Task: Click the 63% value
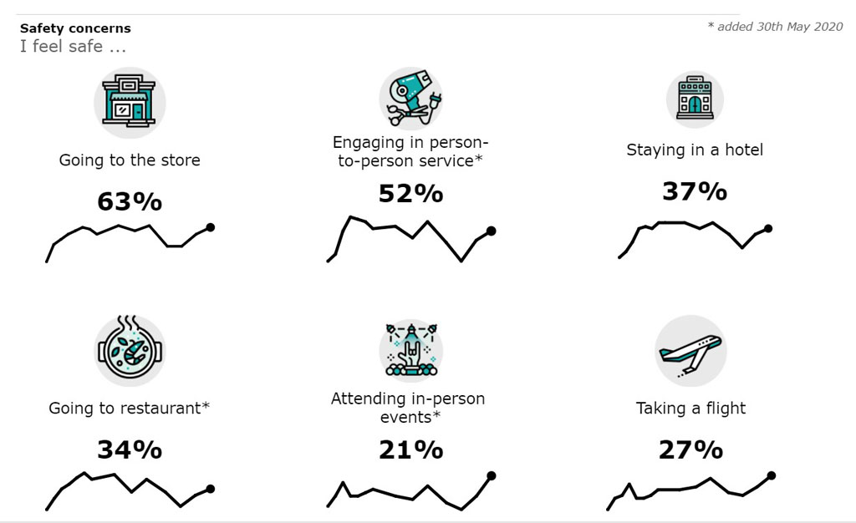pyautogui.click(x=130, y=202)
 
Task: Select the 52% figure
pyautogui.click(x=410, y=194)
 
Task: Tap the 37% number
pyautogui.click(x=694, y=191)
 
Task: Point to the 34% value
pyautogui.click(x=130, y=449)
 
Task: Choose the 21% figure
pyautogui.click(x=410, y=449)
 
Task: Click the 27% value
pyautogui.click(x=690, y=449)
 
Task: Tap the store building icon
pyautogui.click(x=129, y=102)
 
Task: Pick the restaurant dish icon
pyautogui.click(x=130, y=349)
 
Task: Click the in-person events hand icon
pyautogui.click(x=410, y=348)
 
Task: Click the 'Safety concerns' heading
pyautogui.click(x=75, y=28)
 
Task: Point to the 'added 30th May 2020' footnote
pyautogui.click(x=775, y=27)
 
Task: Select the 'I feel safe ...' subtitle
pyautogui.click(x=74, y=47)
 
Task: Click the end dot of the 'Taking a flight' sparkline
pyautogui.click(x=772, y=475)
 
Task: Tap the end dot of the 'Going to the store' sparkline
pyautogui.click(x=210, y=226)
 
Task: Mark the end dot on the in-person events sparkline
pyautogui.click(x=491, y=475)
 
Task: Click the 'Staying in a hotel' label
pyautogui.click(x=695, y=150)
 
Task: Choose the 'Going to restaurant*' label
pyautogui.click(x=130, y=409)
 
